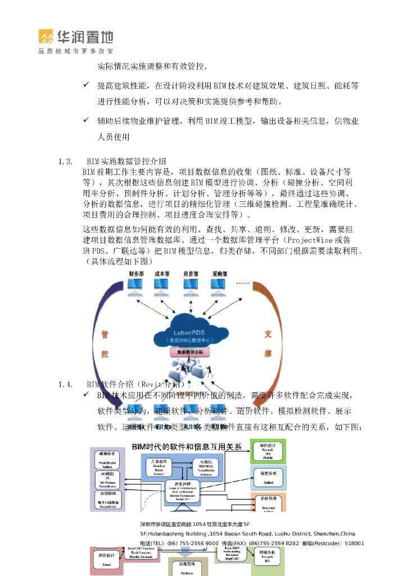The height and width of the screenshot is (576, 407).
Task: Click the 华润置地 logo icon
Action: point(46,37)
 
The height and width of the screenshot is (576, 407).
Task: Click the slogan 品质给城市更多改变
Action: point(76,51)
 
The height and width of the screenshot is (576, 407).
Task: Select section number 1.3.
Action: point(65,162)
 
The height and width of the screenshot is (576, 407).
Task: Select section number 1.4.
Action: point(65,384)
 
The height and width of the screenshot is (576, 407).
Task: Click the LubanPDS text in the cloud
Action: point(189,332)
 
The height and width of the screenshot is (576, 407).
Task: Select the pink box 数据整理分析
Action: point(189,352)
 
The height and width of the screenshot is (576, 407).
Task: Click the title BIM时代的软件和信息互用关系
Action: point(187,447)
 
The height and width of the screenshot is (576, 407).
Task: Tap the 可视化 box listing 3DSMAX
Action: point(201,468)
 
